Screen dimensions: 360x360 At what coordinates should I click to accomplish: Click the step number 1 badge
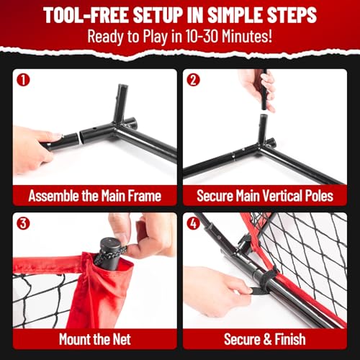23,80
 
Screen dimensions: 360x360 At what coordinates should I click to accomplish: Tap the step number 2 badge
193,80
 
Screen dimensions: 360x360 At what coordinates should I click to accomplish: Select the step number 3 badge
23,223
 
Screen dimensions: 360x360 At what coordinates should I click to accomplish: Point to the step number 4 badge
193,223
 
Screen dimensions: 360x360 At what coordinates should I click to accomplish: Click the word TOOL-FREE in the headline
86,15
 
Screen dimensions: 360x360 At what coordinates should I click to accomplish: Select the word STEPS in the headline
292,15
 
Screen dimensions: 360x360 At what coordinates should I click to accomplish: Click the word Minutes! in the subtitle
247,36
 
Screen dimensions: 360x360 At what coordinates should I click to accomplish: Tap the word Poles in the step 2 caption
319,196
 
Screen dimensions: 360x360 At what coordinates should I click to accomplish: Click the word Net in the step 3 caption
122,339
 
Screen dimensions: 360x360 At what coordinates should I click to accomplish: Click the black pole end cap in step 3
111,243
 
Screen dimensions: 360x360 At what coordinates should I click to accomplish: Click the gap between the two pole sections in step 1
79,138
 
